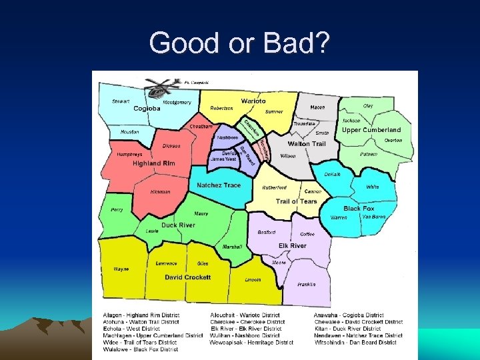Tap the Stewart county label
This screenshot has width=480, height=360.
121,102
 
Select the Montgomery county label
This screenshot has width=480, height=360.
177,102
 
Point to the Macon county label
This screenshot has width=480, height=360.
317,107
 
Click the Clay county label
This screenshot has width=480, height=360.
368,105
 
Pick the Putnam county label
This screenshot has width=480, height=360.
369,154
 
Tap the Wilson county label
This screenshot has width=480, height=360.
288,155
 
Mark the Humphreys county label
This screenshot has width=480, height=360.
129,154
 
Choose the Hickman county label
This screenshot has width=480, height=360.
160,192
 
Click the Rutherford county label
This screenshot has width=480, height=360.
274,187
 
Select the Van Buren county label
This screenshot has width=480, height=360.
374,217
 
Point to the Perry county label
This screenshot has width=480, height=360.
117,210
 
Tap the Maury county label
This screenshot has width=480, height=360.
201,214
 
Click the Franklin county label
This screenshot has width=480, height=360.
306,284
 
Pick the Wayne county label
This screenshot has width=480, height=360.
121,269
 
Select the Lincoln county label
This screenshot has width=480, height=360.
253,280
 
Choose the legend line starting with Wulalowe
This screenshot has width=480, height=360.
140,349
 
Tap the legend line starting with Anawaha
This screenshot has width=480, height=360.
349,315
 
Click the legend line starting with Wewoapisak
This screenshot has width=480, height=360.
251,343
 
